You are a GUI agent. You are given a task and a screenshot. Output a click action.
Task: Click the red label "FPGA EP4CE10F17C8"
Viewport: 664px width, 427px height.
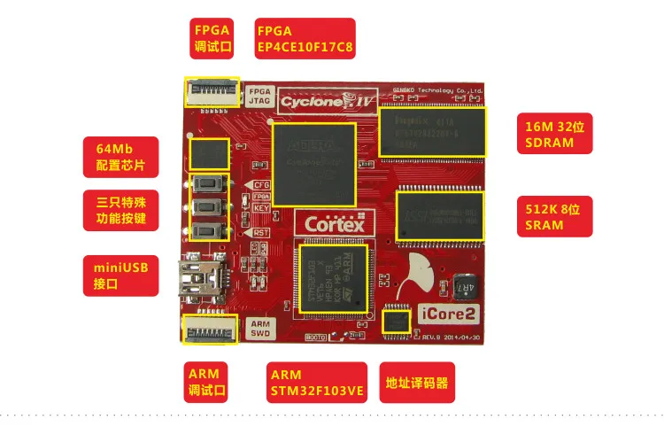pos(305,38)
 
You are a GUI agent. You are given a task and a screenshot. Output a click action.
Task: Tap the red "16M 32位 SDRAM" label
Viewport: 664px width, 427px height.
pos(554,136)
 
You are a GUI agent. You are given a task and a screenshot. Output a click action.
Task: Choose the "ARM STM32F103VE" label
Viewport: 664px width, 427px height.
pos(317,381)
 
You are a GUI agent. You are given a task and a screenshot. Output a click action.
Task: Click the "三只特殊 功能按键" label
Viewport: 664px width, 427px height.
pos(120,209)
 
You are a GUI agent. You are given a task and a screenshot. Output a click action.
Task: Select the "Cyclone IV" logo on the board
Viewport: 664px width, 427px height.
pos(328,100)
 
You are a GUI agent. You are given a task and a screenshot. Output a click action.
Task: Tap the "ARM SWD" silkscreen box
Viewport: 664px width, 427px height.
pos(260,329)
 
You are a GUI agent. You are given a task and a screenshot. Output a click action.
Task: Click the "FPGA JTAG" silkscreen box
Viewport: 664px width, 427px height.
pos(259,96)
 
